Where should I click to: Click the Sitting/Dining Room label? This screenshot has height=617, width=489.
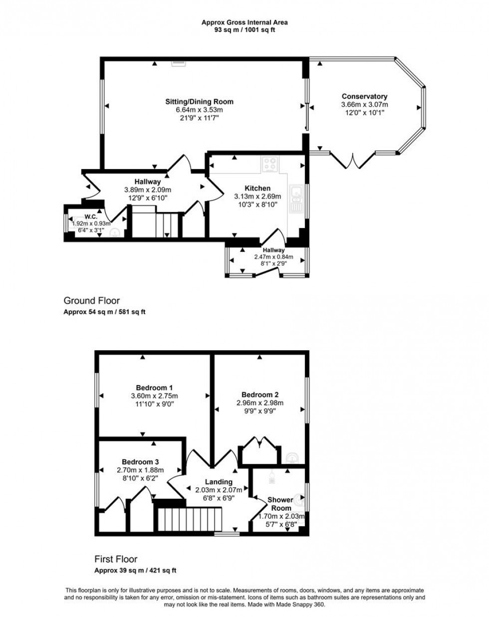pos(199,102)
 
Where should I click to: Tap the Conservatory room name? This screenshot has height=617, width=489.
pos(364,96)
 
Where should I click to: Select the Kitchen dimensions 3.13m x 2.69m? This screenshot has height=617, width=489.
pos(257,197)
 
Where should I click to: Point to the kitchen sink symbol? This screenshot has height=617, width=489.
pos(296,199)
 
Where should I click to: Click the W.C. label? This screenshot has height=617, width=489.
pos(90,217)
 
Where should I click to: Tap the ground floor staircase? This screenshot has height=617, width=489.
pos(155,223)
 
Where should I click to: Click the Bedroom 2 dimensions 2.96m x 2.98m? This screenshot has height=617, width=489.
pos(259,403)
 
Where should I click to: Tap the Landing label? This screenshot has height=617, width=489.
pos(219,482)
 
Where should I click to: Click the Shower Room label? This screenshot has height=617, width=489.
pos(280,504)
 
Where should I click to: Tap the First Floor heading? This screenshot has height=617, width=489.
pos(116,559)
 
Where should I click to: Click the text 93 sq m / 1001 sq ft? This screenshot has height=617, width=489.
pos(244,30)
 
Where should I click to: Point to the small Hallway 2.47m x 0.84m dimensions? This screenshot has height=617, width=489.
pos(274,257)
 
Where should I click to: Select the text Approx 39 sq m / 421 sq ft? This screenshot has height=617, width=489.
pos(135,571)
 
